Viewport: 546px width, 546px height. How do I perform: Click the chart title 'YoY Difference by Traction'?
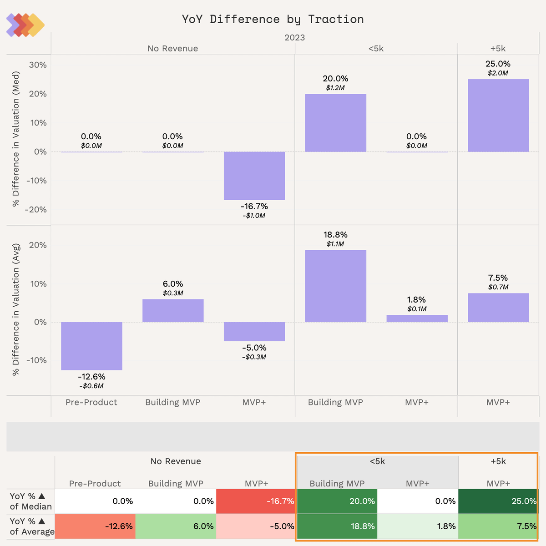click(x=273, y=19)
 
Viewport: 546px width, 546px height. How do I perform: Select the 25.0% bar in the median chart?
click(x=498, y=116)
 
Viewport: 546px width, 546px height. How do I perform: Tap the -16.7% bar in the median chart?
click(x=254, y=176)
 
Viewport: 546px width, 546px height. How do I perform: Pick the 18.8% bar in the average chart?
click(x=335, y=286)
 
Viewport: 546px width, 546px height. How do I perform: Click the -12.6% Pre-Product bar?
click(x=91, y=346)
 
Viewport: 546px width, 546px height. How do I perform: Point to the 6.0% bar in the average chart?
click(x=173, y=311)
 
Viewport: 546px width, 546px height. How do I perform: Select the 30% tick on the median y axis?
click(x=38, y=65)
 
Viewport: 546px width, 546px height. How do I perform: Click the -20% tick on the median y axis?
click(x=36, y=210)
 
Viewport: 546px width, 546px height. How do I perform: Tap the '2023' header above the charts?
click(x=295, y=38)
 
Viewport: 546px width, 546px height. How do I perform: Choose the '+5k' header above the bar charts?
click(x=498, y=49)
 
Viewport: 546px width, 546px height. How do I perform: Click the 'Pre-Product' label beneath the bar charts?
click(x=91, y=402)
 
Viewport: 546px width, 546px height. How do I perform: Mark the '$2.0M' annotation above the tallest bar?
click(x=498, y=73)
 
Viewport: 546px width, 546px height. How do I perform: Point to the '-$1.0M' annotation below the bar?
click(x=254, y=216)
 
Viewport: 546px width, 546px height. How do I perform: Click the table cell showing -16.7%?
click(x=256, y=501)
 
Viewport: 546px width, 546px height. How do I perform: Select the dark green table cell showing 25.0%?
click(x=499, y=501)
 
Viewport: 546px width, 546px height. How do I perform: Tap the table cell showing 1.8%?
click(x=418, y=526)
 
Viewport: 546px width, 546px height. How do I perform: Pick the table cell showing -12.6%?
click(x=95, y=526)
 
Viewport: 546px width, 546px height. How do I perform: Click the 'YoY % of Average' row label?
click(x=31, y=526)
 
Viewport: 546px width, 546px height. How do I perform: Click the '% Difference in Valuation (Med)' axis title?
click(x=16, y=139)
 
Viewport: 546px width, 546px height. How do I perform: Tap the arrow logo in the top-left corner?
click(x=25, y=25)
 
